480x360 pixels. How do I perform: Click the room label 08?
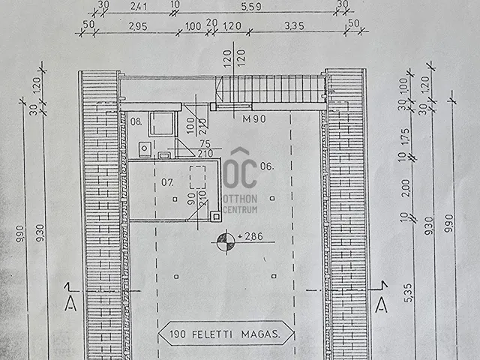point(136,121)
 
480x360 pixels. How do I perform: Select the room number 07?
point(167,181)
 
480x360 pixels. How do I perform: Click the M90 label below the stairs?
point(253,118)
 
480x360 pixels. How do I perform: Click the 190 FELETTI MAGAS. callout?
point(226,335)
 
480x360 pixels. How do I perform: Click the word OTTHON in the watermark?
point(241,199)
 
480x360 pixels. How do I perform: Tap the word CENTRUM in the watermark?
point(241,209)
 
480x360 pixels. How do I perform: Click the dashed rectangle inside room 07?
point(199,177)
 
